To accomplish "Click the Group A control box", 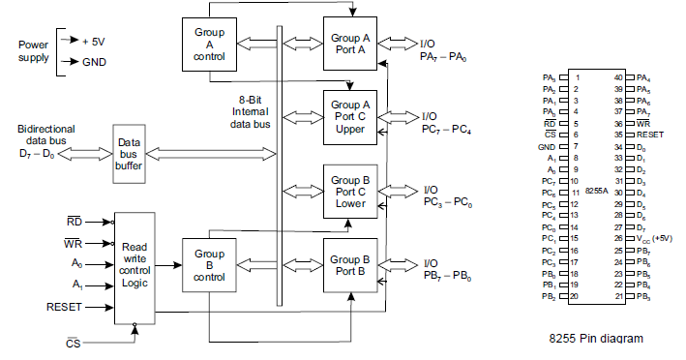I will [x=209, y=44].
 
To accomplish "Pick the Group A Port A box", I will [x=351, y=45].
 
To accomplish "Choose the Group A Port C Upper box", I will [x=351, y=116].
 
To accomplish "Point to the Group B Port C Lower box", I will [x=351, y=191].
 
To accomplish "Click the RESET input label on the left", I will [x=65, y=307].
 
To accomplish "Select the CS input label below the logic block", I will [x=73, y=343].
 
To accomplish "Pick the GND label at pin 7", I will [x=548, y=145].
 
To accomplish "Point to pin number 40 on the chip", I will [x=618, y=76].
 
